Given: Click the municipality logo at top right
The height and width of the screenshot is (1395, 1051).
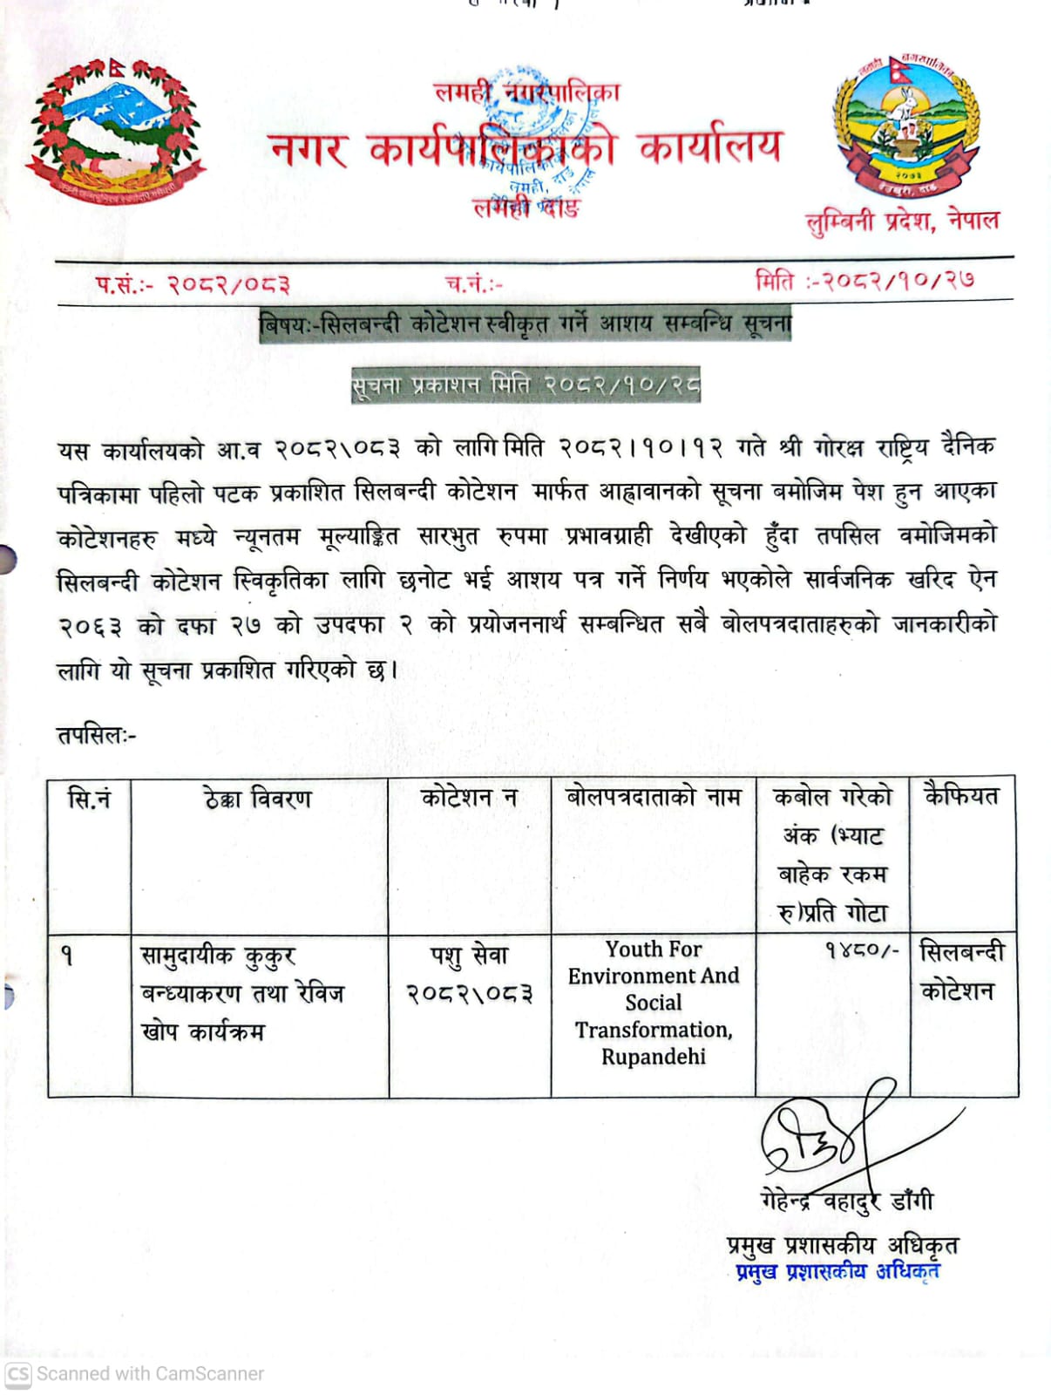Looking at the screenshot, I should pos(906,125).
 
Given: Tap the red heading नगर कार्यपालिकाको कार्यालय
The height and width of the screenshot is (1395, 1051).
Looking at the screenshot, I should pos(525,147).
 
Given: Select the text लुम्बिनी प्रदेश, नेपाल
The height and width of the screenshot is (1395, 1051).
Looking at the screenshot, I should pos(902,221).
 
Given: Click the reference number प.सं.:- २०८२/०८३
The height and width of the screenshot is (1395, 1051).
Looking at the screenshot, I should pos(193,283).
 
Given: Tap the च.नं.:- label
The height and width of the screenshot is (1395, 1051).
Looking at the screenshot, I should pos(473,283).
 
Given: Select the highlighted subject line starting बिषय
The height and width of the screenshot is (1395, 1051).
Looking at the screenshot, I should pos(525,324).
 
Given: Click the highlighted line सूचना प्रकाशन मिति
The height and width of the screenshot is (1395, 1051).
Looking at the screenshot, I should pos(525,384).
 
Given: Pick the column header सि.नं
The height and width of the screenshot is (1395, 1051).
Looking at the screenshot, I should pos(89,797).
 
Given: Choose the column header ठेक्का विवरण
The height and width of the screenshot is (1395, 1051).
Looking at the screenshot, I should pos(258,798).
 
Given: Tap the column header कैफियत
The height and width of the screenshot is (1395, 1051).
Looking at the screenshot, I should pos(961,795).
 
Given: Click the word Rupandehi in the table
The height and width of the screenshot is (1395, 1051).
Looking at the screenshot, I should pos(653,1057).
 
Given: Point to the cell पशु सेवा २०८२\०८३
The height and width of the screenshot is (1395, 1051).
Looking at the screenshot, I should pos(470,974).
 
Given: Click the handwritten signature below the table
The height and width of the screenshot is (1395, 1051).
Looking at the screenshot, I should pos(828,1133).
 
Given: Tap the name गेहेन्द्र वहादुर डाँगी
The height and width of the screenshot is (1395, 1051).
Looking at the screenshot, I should pos(846,1201).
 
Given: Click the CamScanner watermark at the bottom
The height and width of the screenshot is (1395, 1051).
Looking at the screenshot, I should pos(135,1373).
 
